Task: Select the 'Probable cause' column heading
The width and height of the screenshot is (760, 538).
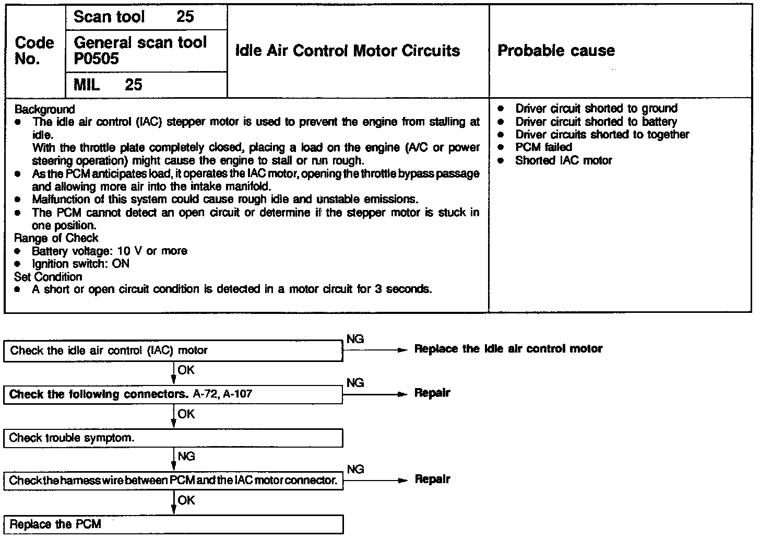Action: pos(556,51)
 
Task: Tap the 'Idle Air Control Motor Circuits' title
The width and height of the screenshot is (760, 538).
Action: pos(348,51)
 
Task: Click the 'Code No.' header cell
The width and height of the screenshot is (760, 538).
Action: pos(34,51)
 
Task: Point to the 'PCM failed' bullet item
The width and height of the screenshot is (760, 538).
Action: pos(543,147)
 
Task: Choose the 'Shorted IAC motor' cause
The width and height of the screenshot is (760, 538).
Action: pos(563,160)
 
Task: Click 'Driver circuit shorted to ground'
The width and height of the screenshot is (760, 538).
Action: pos(596,109)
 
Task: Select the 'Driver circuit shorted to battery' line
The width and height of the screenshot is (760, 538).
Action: pos(596,122)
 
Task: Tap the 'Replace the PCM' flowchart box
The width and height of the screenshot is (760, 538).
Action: pos(173,524)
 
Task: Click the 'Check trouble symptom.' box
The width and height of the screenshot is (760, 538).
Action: pos(173,438)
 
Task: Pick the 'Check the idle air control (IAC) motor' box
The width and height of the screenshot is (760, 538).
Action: pos(173,350)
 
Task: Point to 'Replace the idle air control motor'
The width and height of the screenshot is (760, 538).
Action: pos(508,349)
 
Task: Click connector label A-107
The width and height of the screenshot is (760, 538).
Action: pos(238,394)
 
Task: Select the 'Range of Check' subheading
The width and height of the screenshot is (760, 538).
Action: pos(56,238)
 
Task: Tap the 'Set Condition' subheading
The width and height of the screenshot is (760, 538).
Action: pos(48,277)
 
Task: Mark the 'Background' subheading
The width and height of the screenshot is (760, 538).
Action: pos(45,109)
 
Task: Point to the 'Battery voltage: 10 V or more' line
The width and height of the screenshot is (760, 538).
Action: pos(109,251)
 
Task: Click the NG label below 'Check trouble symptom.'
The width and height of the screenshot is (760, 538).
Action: pos(186,457)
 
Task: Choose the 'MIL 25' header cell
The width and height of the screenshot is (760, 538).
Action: pos(108,85)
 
